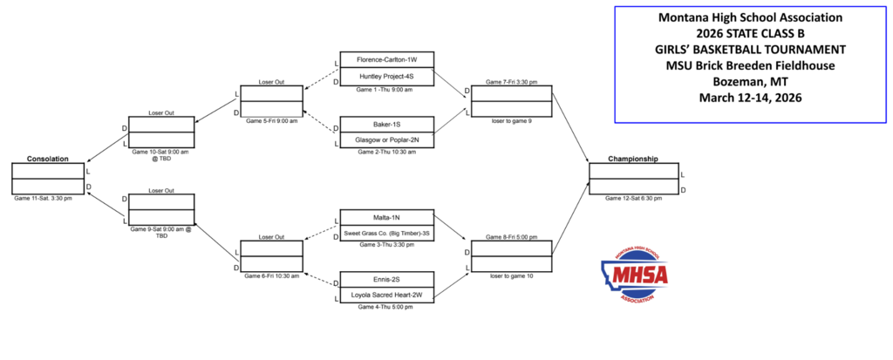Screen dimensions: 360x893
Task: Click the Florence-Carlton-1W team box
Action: click(x=386, y=59)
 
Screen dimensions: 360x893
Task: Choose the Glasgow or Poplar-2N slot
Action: click(x=386, y=139)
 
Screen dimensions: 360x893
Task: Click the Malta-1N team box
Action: click(x=386, y=217)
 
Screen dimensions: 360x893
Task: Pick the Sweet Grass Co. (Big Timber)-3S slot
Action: click(x=386, y=233)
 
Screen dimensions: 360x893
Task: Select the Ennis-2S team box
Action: click(x=386, y=280)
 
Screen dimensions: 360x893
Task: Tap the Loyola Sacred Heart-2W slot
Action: click(x=386, y=295)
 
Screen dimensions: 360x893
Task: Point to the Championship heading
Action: click(x=633, y=159)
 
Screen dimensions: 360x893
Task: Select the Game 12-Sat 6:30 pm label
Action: click(x=634, y=199)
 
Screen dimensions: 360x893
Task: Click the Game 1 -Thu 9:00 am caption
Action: click(x=385, y=89)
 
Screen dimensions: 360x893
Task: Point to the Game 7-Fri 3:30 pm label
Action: click(x=512, y=81)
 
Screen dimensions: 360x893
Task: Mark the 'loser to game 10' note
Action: click(x=512, y=275)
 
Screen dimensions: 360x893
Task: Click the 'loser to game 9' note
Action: click(x=512, y=120)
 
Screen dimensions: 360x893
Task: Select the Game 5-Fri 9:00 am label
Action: click(x=271, y=120)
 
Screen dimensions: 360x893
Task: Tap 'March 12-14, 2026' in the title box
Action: click(x=750, y=98)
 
